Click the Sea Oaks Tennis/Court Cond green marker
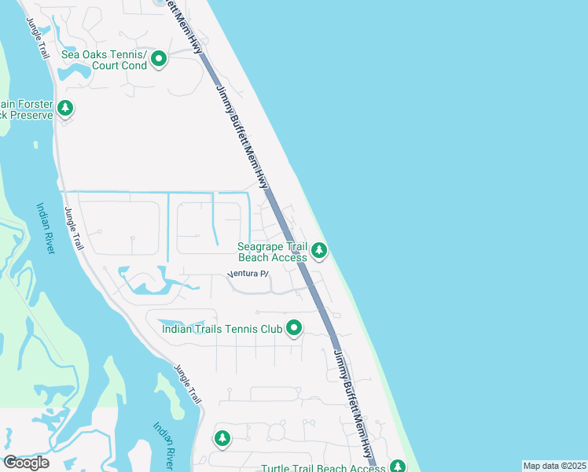(159, 59)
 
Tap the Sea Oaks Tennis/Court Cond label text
(104, 60)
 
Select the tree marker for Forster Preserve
(66, 108)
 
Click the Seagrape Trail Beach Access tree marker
(318, 250)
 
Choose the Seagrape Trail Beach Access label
(272, 252)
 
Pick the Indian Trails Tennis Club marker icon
(294, 328)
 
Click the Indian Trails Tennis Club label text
(221, 329)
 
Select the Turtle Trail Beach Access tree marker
(398, 466)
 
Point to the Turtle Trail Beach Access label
(323, 468)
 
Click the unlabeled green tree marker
(222, 438)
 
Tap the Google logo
(26, 462)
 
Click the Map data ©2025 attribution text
(554, 466)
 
